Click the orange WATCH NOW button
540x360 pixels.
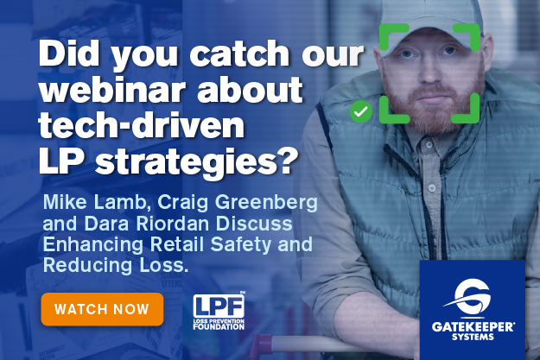point(102,309)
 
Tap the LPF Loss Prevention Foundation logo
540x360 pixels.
point(219,312)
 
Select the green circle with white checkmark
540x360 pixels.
point(360,111)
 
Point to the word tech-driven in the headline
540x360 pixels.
point(141,126)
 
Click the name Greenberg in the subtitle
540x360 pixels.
point(266,203)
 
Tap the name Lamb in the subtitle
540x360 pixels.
point(122,202)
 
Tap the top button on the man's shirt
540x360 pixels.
point(429,145)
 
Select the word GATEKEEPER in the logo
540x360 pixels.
point(473,326)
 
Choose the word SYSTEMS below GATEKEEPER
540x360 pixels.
point(473,337)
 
